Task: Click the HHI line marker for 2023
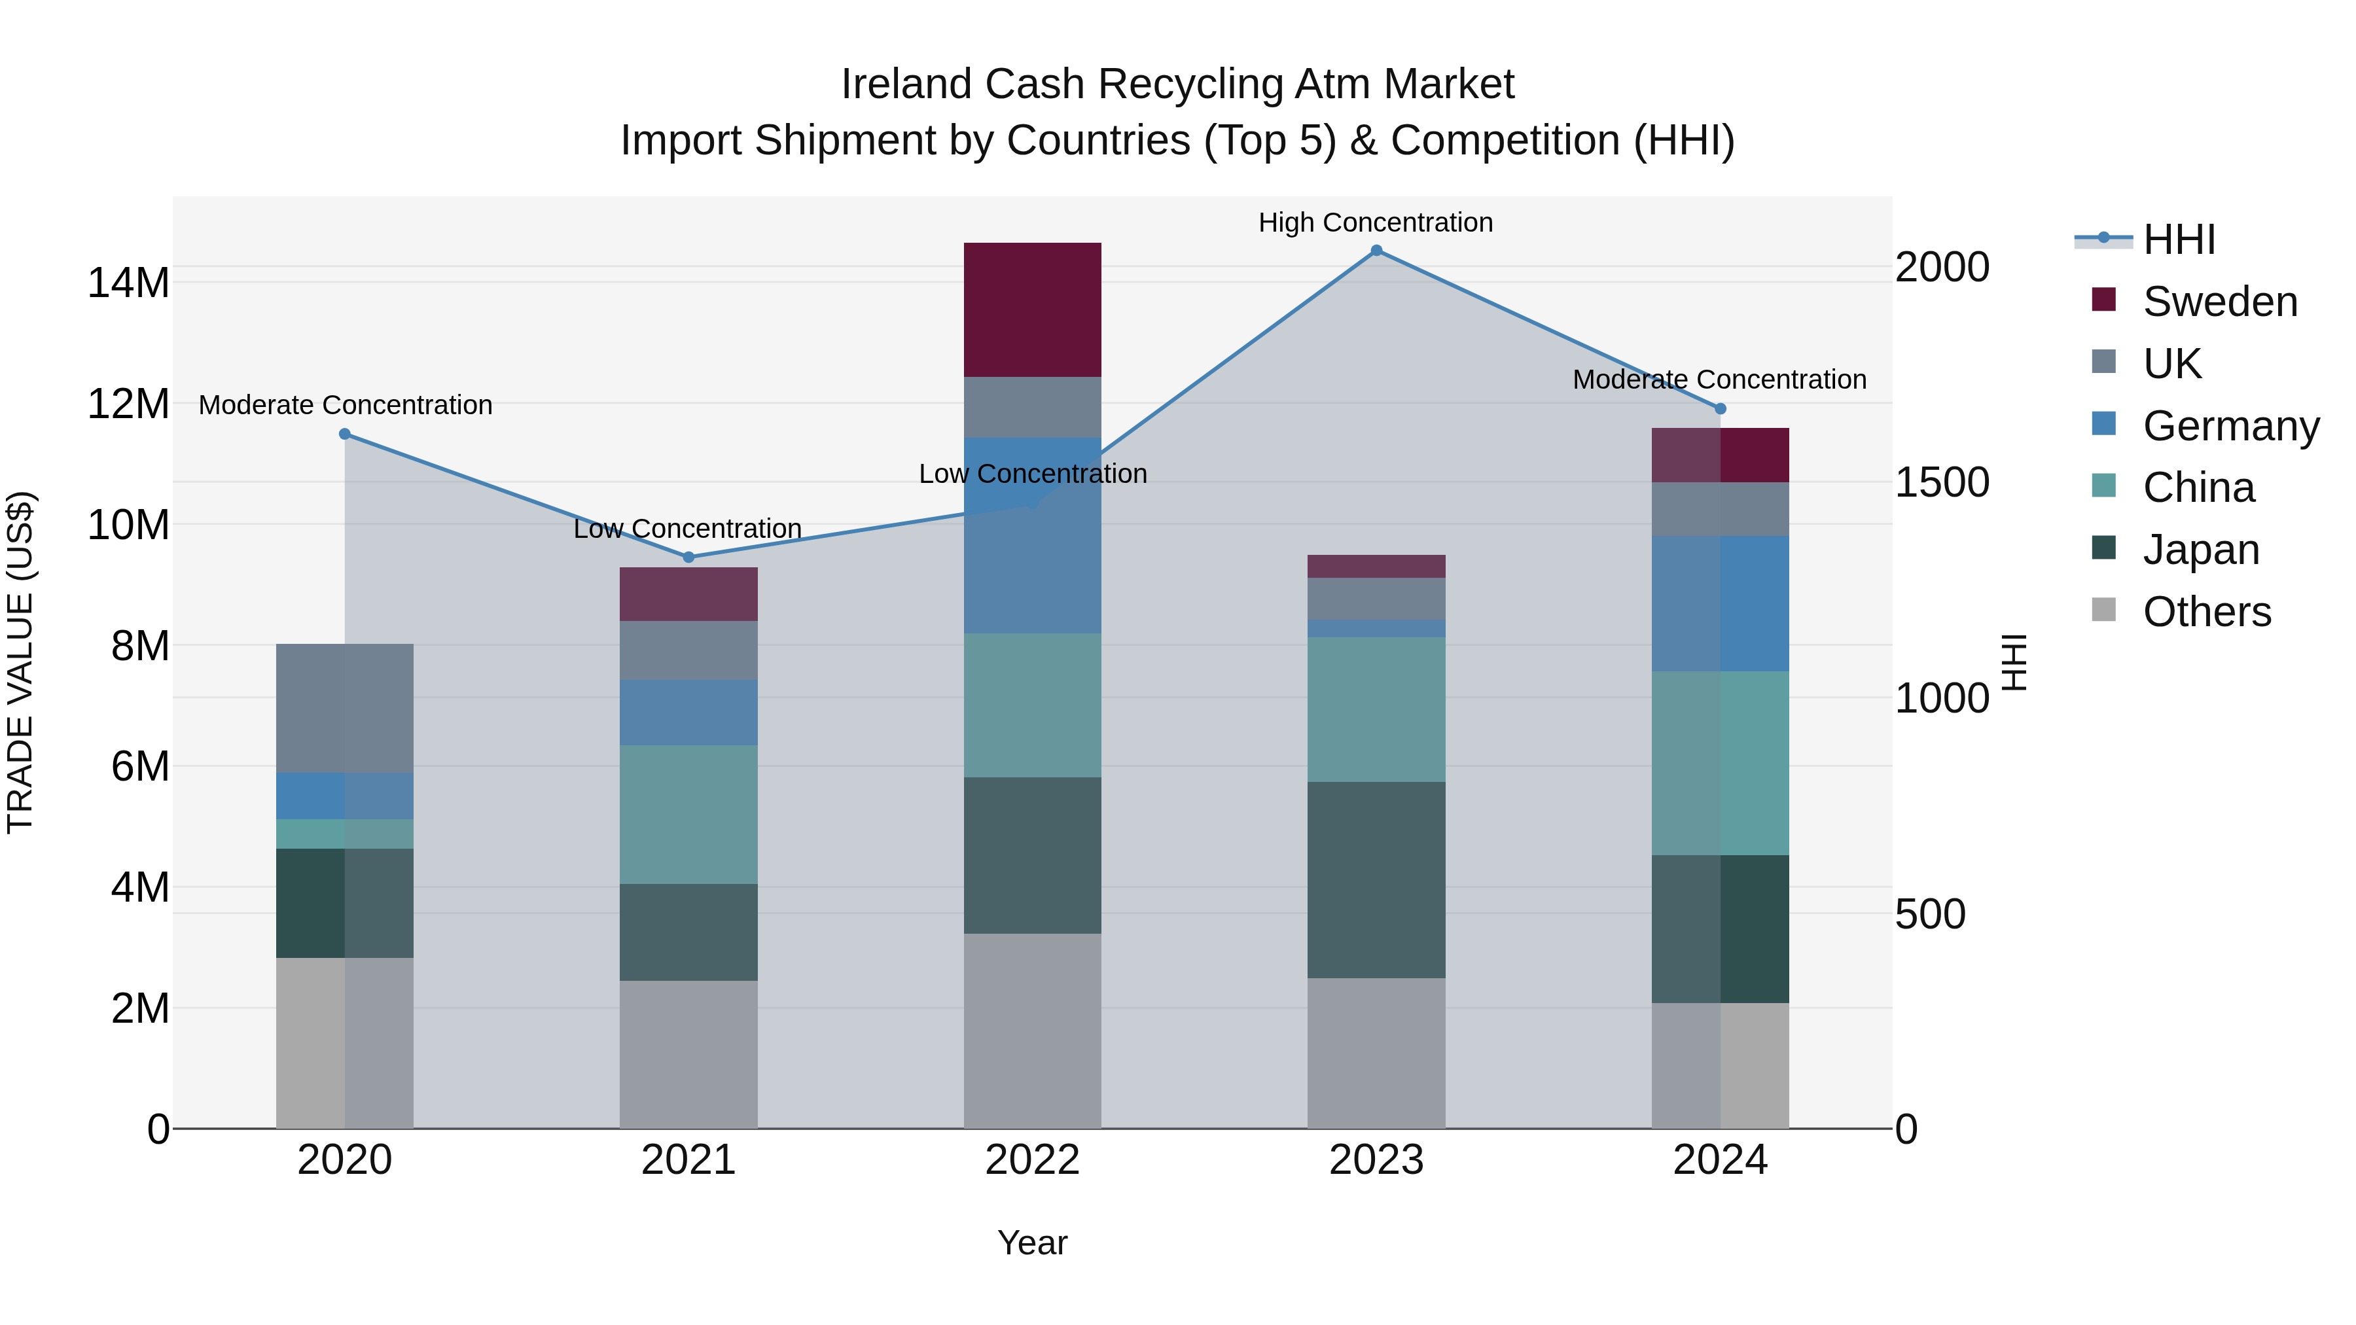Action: click(x=1376, y=251)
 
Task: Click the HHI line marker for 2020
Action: click(x=345, y=434)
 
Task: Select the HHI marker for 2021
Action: click(x=688, y=557)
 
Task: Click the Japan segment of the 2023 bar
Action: click(x=1376, y=879)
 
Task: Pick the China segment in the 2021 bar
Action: click(x=688, y=814)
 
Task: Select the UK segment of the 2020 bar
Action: click(x=345, y=708)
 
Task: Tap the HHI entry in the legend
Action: click(x=2179, y=239)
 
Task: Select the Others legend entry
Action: click(x=2206, y=612)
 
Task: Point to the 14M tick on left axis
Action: click(x=128, y=283)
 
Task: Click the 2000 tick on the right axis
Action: click(x=1941, y=267)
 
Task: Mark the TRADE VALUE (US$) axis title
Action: click(x=20, y=662)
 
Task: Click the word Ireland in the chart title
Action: click(x=906, y=84)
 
